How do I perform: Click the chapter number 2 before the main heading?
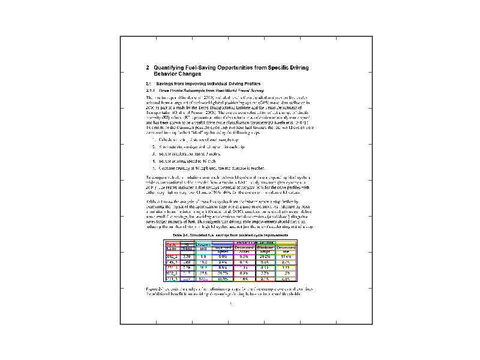coord(148,68)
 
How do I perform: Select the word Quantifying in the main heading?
coord(169,68)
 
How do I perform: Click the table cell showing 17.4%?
coord(286,256)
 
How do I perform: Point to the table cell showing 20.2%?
coord(265,256)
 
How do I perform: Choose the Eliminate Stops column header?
coord(265,248)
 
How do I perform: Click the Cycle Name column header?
coord(172,247)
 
